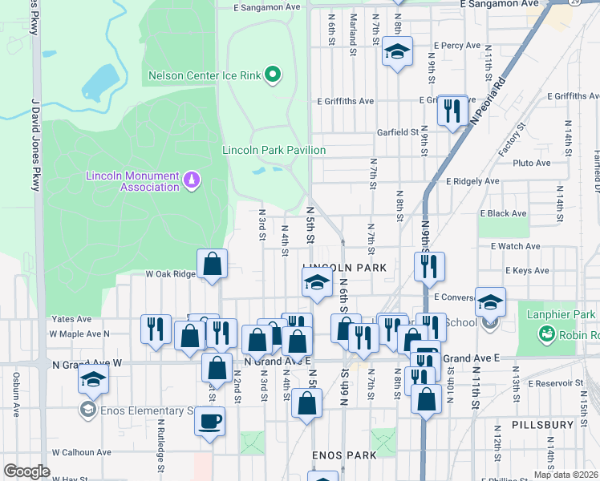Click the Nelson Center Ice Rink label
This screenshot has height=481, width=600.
click(205, 76)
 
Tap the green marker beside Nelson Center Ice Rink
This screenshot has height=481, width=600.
click(273, 76)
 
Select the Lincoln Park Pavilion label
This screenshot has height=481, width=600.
click(274, 150)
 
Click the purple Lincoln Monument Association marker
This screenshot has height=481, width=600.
click(191, 180)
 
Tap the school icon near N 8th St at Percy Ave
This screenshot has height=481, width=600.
click(396, 52)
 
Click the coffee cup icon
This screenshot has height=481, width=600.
click(209, 422)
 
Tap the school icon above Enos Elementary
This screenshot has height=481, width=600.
click(93, 379)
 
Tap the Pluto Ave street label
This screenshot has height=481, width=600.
click(531, 163)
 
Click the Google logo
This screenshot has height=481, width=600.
click(26, 471)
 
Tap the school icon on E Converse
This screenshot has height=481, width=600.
click(490, 302)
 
